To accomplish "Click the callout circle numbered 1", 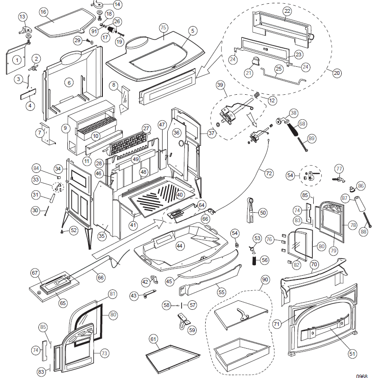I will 17,60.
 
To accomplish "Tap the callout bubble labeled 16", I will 43,11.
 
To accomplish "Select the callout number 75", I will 163,28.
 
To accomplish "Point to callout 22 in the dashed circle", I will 287,10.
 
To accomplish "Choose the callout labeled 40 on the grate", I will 179,195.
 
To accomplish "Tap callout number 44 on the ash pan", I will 179,246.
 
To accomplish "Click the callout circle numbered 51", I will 351,353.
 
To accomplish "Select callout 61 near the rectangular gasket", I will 153,339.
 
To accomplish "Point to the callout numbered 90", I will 264,280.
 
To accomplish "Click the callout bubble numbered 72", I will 269,174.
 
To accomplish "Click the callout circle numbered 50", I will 262,213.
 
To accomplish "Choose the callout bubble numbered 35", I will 101,235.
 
